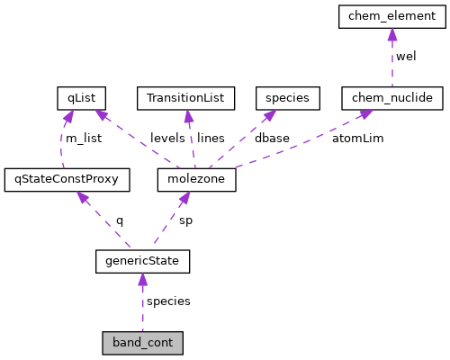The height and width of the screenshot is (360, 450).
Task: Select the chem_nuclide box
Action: [x=391, y=97]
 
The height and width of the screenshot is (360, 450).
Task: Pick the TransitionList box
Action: [x=185, y=97]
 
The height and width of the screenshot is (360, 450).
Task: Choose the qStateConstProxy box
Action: [x=67, y=179]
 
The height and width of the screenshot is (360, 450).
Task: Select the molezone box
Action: [x=195, y=179]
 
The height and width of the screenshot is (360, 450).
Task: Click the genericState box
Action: [x=142, y=261]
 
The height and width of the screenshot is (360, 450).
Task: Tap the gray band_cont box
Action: [x=142, y=343]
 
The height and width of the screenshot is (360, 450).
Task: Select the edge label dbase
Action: [x=272, y=138]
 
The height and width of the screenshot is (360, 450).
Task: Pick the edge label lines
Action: [x=211, y=138]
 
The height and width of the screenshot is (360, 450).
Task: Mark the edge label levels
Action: [x=166, y=138]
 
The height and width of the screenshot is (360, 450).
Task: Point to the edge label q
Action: [x=119, y=220]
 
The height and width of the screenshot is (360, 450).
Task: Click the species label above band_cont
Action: [x=168, y=301]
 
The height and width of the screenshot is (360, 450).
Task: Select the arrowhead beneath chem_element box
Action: [x=391, y=34]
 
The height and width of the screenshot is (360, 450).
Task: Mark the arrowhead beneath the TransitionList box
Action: [x=187, y=115]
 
